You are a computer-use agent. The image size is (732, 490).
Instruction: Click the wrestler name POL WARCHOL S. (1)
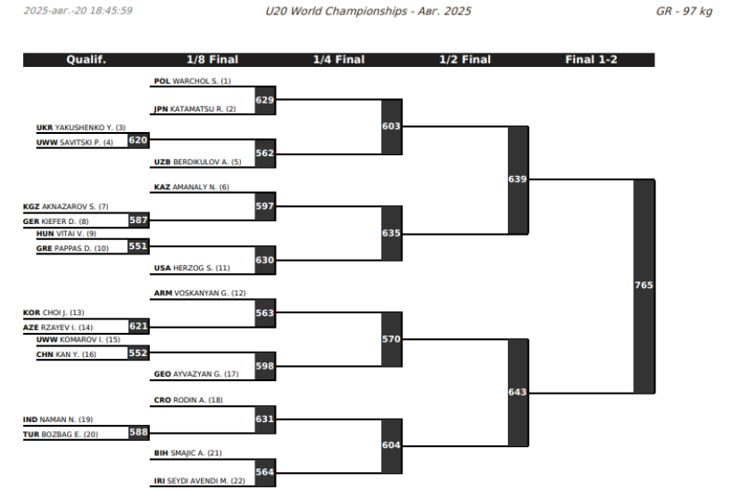pos(192,81)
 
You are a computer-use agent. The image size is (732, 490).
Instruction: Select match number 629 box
pos(265,100)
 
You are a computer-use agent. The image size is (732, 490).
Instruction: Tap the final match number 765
pos(644,285)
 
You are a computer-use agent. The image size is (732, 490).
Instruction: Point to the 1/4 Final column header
pos(339,60)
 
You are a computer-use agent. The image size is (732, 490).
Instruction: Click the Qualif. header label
pos(87,60)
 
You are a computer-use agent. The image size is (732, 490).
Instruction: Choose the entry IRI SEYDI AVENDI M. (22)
pos(199,481)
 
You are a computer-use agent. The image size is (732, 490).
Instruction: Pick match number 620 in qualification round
pos(138,140)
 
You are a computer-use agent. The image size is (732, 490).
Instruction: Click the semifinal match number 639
pos(518,179)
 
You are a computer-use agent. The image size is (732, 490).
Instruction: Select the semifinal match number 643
pos(518,392)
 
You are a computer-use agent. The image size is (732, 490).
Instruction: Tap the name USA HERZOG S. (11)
pos(192,268)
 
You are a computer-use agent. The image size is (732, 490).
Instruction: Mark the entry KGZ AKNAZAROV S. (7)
pos(66,206)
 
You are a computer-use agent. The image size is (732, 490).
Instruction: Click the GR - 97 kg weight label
pos(684,12)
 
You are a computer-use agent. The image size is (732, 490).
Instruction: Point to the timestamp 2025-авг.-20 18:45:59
pos(78,11)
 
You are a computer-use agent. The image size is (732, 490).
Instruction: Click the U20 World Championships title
pos(369,12)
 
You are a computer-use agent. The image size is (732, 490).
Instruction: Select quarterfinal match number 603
pos(391,127)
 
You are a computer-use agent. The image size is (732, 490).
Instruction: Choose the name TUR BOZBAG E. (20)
pos(61,435)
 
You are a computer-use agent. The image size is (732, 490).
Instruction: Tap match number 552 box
pos(138,353)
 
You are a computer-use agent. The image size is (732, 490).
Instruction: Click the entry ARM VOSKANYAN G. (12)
pos(200,293)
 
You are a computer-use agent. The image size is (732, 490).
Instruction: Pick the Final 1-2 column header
pos(592,60)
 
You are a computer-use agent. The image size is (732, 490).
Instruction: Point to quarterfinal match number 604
pos(391,445)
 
